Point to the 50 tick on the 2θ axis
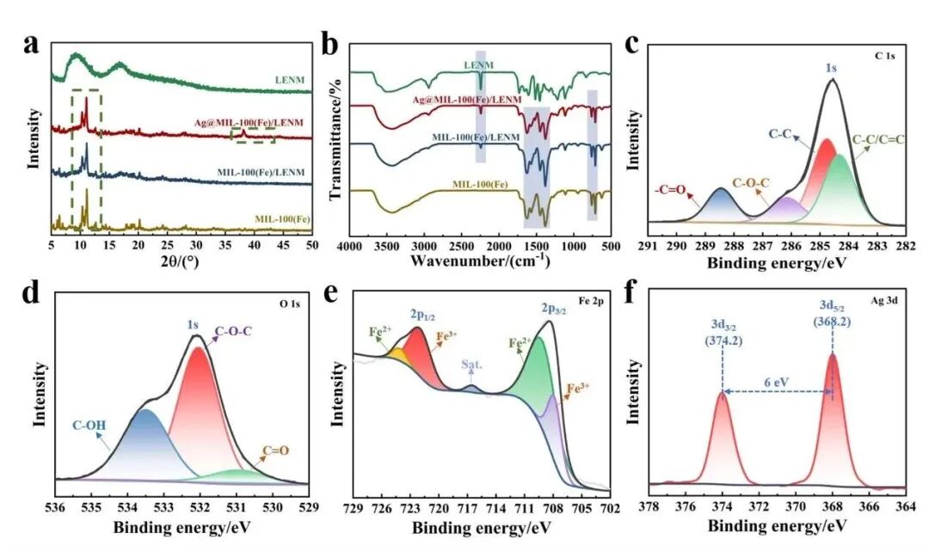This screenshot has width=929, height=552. [311, 245]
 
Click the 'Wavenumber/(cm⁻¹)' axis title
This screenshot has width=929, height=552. [481, 260]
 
